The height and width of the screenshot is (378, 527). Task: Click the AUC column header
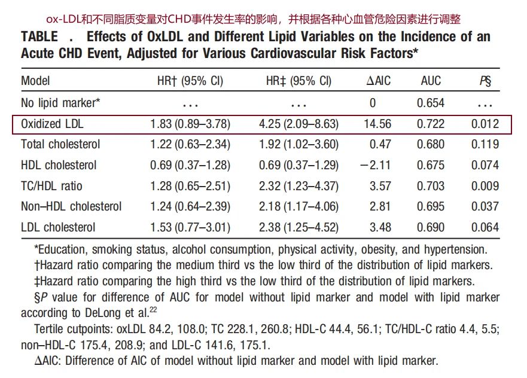pos(430,81)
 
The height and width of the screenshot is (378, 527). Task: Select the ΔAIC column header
pos(378,81)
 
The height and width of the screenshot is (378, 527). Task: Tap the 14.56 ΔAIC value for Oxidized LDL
pos(377,124)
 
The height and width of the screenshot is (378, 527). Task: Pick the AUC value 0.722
pos(431,124)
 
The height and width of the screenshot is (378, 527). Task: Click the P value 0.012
pos(484,124)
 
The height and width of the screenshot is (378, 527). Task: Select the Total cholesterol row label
pos(60,144)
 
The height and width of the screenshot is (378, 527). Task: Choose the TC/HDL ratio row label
pos(52,186)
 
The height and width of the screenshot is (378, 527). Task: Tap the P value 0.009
pos(484,186)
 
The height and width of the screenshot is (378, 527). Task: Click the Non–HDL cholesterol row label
pos(71,207)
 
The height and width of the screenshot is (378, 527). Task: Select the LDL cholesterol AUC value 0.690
pos(431,227)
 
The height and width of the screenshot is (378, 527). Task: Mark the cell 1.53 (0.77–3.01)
pos(190,227)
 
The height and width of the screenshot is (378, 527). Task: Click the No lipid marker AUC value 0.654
pos(431,103)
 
